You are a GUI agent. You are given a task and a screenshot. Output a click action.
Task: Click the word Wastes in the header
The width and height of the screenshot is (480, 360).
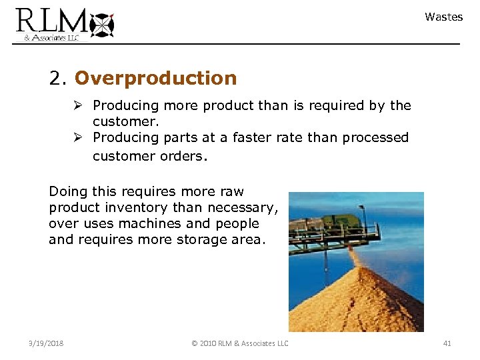pyautogui.click(x=443, y=17)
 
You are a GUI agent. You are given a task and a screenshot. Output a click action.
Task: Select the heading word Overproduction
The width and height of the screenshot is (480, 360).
pyautogui.click(x=155, y=79)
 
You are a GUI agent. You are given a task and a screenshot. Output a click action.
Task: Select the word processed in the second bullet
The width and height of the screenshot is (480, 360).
pyautogui.click(x=377, y=137)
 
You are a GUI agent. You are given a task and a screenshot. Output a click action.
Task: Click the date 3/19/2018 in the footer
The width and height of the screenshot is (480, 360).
pyautogui.click(x=47, y=343)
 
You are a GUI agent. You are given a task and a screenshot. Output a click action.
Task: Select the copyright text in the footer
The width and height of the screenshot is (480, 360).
pyautogui.click(x=240, y=343)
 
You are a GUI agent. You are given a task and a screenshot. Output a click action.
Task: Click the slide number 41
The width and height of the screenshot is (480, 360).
pyautogui.click(x=447, y=343)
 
